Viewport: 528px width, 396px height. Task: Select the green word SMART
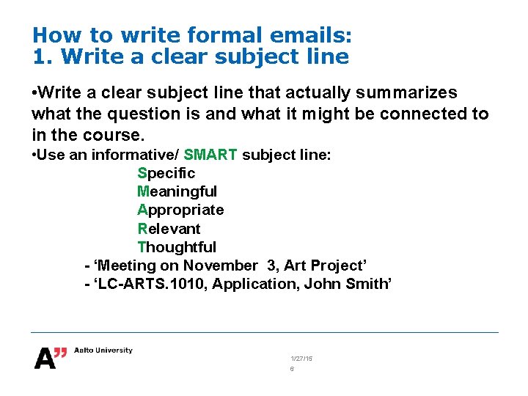tap(210, 154)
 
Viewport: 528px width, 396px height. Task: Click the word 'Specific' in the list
tap(166, 173)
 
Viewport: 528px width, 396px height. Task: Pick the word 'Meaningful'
tap(177, 191)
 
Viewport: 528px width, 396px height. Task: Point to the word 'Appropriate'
tap(180, 210)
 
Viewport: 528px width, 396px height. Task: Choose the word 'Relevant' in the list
tap(169, 228)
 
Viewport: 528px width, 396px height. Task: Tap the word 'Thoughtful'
tap(177, 247)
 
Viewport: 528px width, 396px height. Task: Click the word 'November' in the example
tap(220, 265)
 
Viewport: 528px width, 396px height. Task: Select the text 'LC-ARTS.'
tap(128, 284)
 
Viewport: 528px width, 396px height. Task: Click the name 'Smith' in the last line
tap(368, 284)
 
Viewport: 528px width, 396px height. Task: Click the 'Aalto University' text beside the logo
tap(103, 351)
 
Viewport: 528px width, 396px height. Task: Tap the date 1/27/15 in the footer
tap(301, 358)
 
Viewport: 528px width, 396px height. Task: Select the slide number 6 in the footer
tap(292, 370)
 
